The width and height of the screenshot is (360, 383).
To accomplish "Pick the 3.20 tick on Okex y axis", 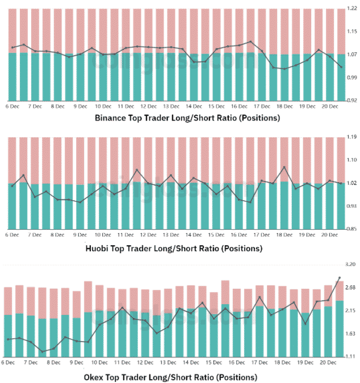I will pyautogui.click(x=350, y=265).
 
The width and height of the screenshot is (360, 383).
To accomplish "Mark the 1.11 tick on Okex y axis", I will pyautogui.click(x=350, y=356).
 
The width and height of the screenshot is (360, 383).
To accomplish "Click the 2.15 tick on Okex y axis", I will pyautogui.click(x=350, y=311).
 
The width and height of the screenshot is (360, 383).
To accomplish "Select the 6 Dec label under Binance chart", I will pyautogui.click(x=12, y=106).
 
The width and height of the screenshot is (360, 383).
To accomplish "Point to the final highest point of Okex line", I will pyautogui.click(x=339, y=278).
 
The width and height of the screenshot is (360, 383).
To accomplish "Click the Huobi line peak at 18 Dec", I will pyautogui.click(x=284, y=167).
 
